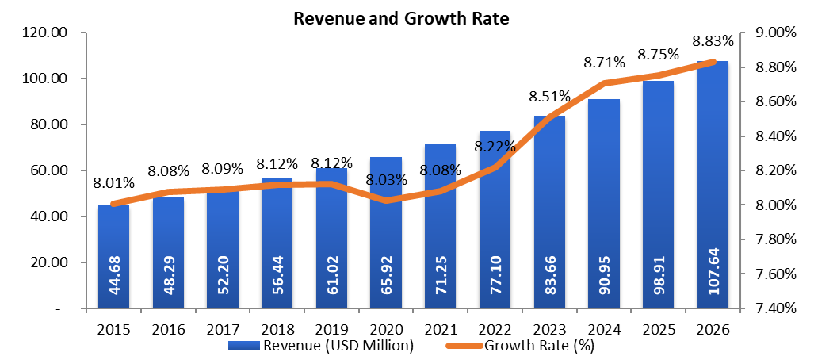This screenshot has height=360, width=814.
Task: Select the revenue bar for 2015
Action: point(113,254)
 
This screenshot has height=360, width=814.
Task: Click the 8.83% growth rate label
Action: point(713,40)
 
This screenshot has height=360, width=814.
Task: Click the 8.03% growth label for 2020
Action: point(386,179)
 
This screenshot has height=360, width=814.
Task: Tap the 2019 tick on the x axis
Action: point(331,327)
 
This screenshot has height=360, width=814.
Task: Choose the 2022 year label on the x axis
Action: point(495,327)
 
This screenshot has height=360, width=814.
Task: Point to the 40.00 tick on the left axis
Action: point(46,216)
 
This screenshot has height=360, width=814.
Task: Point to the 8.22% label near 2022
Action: point(495,146)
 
